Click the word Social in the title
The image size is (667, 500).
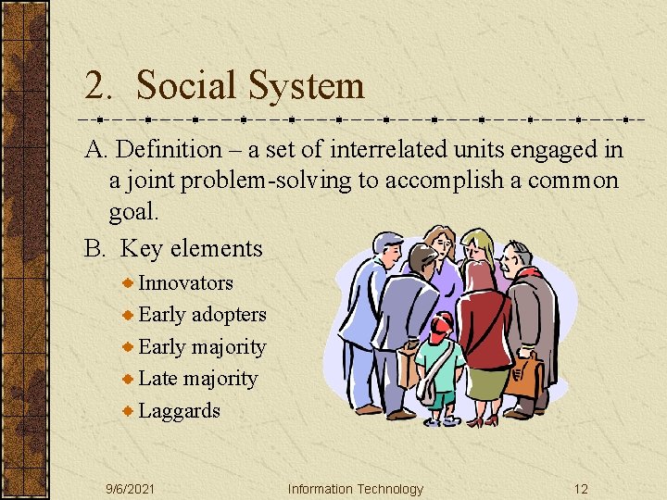(x=185, y=86)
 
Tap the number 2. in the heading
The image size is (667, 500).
(x=99, y=86)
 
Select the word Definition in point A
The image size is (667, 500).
(x=170, y=149)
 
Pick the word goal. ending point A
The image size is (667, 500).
(x=134, y=212)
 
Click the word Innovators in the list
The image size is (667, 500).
(x=185, y=283)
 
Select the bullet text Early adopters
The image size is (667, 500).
(x=202, y=315)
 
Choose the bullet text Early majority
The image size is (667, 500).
(x=202, y=347)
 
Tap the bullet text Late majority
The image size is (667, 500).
(x=197, y=379)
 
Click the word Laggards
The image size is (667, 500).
(x=179, y=410)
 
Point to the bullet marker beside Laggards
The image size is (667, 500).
(x=129, y=410)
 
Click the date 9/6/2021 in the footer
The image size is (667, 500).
(x=131, y=489)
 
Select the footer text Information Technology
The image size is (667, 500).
(x=355, y=489)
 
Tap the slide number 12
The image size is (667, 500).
(x=581, y=489)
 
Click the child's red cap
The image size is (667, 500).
(x=442, y=324)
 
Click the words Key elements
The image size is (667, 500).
(x=192, y=248)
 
